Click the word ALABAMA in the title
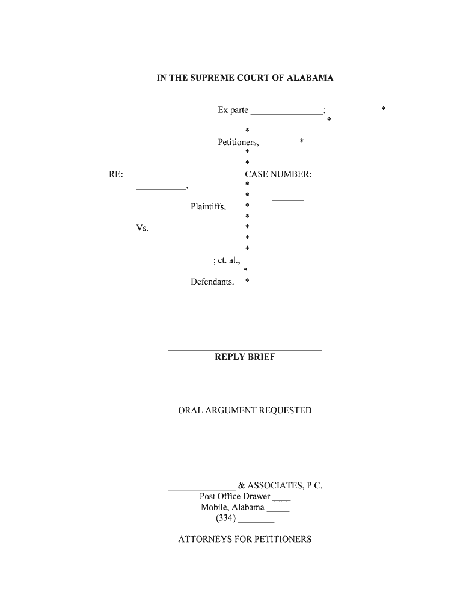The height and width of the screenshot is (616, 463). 310,78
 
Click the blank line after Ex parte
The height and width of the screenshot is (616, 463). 287,114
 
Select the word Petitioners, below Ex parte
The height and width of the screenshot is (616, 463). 238,142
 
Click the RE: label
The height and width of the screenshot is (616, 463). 116,174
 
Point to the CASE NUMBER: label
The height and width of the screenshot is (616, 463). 278,174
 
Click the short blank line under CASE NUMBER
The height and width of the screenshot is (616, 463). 288,200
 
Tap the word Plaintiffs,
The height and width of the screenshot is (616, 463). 209,207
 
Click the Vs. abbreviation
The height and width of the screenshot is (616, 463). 142,228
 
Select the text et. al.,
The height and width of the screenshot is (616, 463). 228,260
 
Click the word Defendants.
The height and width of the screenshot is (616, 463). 212,282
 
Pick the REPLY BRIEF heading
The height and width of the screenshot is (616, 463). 245,357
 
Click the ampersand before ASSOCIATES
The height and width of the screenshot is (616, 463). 242,485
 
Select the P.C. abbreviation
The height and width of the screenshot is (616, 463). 314,485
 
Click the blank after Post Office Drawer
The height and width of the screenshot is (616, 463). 281,500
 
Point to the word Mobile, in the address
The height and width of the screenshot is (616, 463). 215,507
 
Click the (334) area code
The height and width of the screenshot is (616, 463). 226,518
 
